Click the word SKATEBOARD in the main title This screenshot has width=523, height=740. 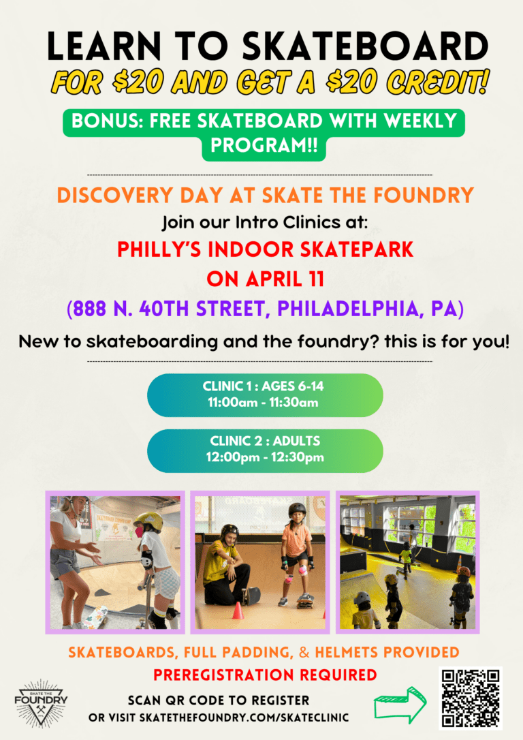tap(366, 47)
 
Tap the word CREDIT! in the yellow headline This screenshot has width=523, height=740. tap(437, 82)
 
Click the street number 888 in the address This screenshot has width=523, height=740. tap(90, 309)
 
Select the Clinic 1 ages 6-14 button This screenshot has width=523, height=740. tap(265, 395)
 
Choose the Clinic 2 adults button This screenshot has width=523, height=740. tap(265, 450)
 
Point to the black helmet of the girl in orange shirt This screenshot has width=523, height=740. tap(297, 510)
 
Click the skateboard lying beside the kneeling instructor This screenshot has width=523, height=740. tap(251, 596)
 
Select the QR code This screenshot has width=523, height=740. tap(470, 698)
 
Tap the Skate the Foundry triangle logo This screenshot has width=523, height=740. tap(41, 703)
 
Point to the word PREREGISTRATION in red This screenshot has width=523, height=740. tap(224, 675)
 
